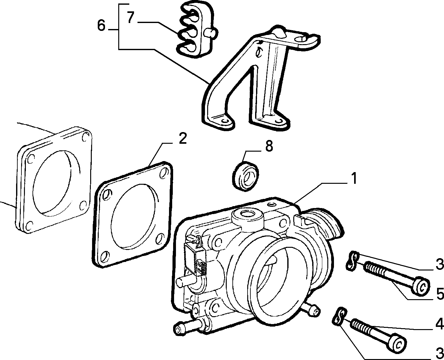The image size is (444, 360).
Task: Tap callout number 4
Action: tap(439, 330)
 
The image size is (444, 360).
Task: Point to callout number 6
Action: tap(102, 26)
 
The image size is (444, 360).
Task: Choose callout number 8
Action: tap(269, 146)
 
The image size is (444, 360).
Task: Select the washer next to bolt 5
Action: tap(353, 261)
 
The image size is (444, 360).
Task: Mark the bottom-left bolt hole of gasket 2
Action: tap(104, 257)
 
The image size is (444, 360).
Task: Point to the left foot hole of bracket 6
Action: tap(225, 121)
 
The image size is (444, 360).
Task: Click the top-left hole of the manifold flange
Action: tap(30, 160)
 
